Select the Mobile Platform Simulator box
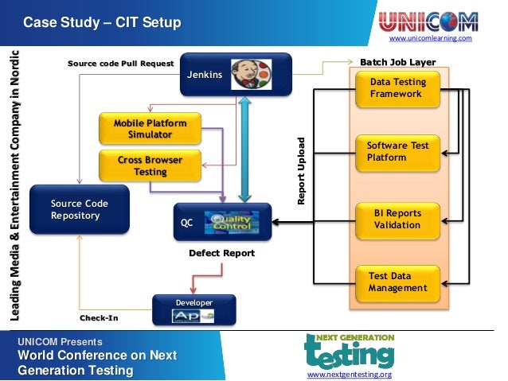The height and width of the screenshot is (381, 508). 150,130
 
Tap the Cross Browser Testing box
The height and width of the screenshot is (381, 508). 150,165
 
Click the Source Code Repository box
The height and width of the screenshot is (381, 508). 79,210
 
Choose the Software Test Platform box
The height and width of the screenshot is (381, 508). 397,152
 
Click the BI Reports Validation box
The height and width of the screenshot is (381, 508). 397,220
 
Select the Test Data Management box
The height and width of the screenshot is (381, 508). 397,282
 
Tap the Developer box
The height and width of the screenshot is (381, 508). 194,311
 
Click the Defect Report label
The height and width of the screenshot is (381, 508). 221,253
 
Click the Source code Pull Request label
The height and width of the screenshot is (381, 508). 120,63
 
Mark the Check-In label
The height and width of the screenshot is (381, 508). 99,317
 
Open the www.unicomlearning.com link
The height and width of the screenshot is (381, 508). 430,38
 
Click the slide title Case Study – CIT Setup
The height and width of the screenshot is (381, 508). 102,21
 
